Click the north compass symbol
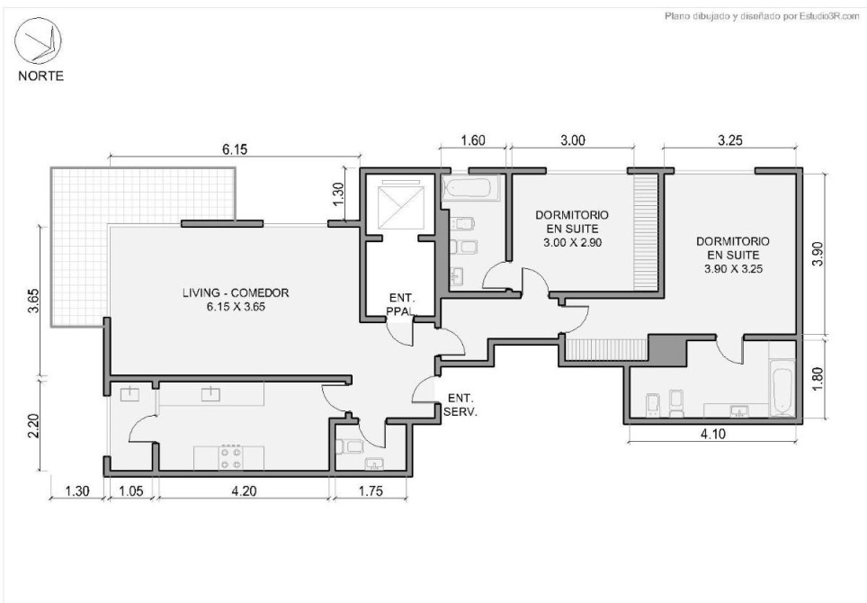38,40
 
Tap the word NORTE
40,76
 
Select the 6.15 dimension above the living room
235,148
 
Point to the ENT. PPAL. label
401,305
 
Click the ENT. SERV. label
460,405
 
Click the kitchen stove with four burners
231,457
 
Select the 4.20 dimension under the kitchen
244,490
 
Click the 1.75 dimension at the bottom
371,490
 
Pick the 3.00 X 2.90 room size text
572,242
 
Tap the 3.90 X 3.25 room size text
733,269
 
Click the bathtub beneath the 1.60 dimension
471,189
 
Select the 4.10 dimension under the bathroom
713,434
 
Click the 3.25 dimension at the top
730,140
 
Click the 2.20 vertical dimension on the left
34,426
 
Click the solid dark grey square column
666,348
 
